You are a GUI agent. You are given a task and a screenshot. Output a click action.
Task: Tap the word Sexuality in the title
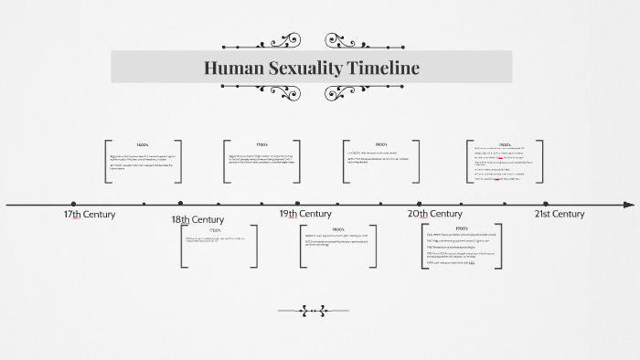pyautogui.click(x=304, y=68)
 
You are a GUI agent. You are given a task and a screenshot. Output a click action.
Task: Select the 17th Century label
pyautogui.click(x=90, y=214)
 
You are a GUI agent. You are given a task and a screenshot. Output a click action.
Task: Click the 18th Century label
pyautogui.click(x=197, y=219)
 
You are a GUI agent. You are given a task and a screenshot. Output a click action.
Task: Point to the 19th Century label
pyautogui.click(x=305, y=214)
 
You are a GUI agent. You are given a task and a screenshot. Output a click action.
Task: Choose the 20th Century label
pyautogui.click(x=434, y=214)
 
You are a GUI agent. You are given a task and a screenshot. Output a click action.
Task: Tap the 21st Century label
pyautogui.click(x=560, y=214)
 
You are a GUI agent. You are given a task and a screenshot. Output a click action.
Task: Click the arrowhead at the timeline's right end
pyautogui.click(x=628, y=204)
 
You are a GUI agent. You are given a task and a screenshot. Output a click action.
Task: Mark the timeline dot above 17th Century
pyautogui.click(x=73, y=203)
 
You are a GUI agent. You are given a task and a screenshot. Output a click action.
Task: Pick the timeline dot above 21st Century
pyautogui.click(x=546, y=203)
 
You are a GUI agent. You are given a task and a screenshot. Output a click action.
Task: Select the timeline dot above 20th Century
pyautogui.click(x=420, y=203)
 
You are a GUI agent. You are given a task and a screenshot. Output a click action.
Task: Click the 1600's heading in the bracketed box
pyautogui.click(x=143, y=146)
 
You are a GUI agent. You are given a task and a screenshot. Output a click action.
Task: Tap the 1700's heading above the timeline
pyautogui.click(x=261, y=145)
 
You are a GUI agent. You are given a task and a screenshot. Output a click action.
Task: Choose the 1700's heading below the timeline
pyautogui.click(x=215, y=230)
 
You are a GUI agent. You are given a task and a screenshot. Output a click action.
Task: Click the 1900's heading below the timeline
pyautogui.click(x=462, y=228)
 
